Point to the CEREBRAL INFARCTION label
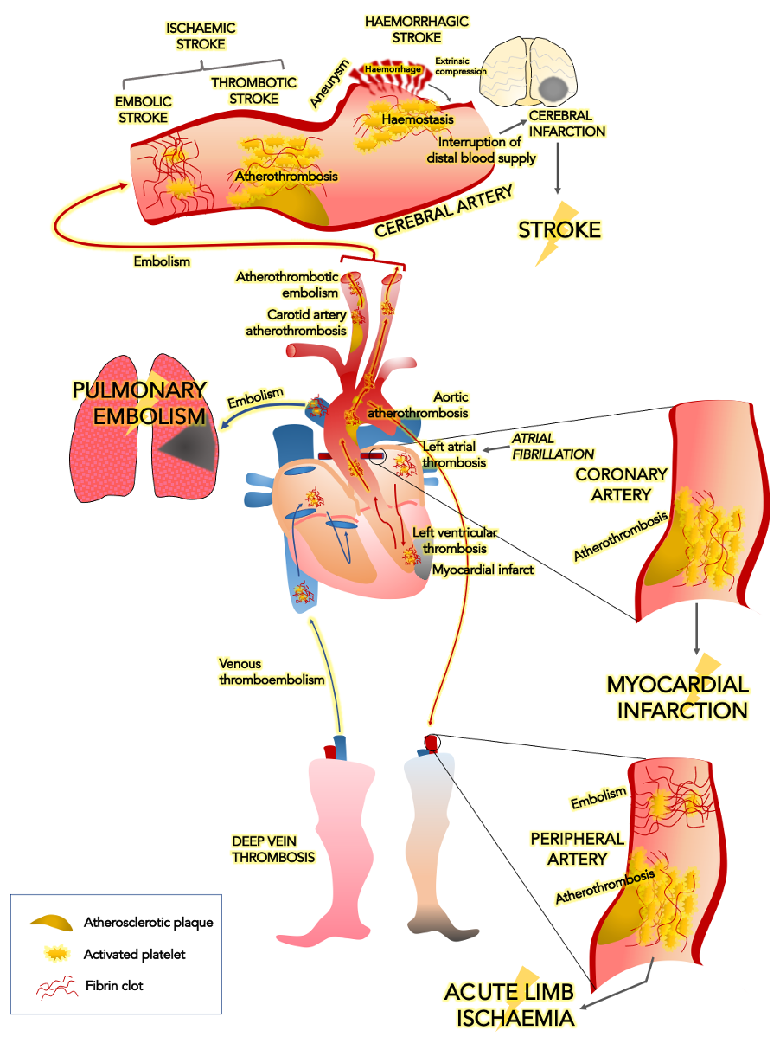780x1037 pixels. pos(567,123)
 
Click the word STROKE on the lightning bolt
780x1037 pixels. pos(559,229)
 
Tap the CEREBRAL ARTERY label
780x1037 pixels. pos(444,210)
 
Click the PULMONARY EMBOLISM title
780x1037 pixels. pos(139,403)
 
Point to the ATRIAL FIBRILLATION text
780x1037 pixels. pos(553,446)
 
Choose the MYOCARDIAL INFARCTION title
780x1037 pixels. pos(677,697)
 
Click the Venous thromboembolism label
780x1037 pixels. pos(271,672)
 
